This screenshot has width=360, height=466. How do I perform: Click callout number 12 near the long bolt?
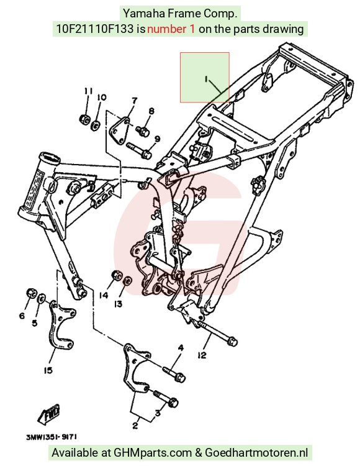pyautogui.click(x=202, y=355)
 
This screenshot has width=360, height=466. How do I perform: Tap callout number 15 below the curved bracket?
pyautogui.click(x=48, y=370)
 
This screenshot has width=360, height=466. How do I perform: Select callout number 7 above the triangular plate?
pyautogui.click(x=135, y=101)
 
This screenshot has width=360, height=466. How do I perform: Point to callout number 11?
pyautogui.click(x=88, y=91)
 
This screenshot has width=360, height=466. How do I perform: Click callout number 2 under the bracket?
pyautogui.click(x=135, y=426)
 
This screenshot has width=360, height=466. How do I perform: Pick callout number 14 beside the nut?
pyautogui.click(x=104, y=295)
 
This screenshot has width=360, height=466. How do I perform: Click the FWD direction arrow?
pyautogui.click(x=48, y=413)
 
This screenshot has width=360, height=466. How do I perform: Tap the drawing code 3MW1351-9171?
pyautogui.click(x=52, y=437)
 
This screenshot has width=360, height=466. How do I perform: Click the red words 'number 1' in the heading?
pyautogui.click(x=171, y=29)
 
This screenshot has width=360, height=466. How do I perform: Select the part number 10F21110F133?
pyautogui.click(x=95, y=29)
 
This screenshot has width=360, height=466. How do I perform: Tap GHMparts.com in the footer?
pyautogui.click(x=153, y=452)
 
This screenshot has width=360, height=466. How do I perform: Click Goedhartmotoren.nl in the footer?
pyautogui.click(x=256, y=452)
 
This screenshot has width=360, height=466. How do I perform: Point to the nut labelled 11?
pyautogui.click(x=85, y=119)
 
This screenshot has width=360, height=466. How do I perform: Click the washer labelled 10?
pyautogui.click(x=96, y=125)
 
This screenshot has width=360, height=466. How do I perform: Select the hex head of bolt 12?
pyautogui.click(x=233, y=342)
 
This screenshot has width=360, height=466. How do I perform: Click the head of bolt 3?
pyautogui.click(x=173, y=403)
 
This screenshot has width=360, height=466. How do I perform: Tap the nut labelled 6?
pyautogui.click(x=31, y=293)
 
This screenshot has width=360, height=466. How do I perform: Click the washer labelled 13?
pyautogui.click(x=128, y=280)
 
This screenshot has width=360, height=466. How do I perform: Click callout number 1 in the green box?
pyautogui.click(x=206, y=79)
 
